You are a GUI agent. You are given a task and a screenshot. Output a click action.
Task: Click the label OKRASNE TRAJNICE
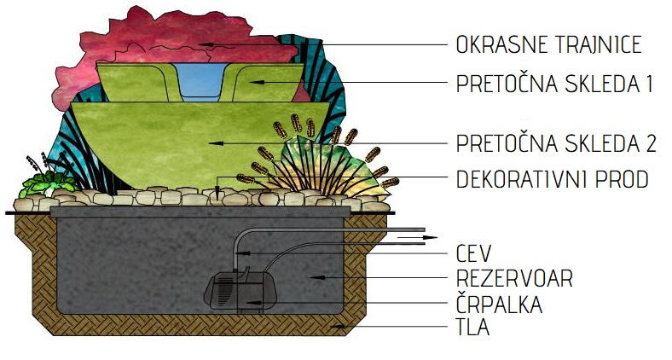[x=548, y=44]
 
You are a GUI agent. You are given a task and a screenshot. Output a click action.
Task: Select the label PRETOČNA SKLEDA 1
[x=554, y=84]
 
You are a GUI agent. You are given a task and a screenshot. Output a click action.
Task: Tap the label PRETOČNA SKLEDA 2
[x=556, y=143]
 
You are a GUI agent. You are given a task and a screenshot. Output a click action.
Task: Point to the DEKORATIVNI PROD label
[x=552, y=179]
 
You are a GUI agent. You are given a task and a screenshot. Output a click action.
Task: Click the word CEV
[x=473, y=253]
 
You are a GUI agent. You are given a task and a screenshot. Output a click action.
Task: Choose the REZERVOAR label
[x=514, y=278]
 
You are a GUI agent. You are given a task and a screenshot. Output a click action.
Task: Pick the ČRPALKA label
[x=499, y=304]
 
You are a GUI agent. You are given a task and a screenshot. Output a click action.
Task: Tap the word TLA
[x=472, y=327]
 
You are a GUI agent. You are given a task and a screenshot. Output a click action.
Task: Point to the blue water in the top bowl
[x=200, y=80]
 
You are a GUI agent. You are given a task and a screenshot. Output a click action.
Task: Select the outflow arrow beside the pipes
[x=417, y=237]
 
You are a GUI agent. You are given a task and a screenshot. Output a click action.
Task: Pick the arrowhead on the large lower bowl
[x=216, y=143]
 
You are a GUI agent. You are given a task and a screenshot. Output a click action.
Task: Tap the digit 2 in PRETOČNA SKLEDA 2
[x=650, y=143]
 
